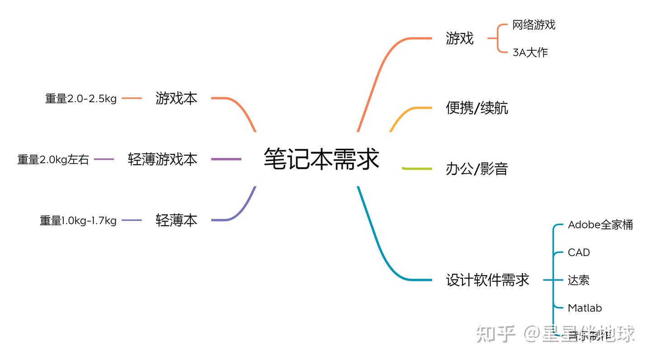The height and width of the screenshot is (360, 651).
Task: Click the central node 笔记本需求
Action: click(321, 159)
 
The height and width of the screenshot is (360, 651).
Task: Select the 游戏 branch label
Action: click(459, 38)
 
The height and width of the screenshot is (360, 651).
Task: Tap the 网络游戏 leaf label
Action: click(533, 25)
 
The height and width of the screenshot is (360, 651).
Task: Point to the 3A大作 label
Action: click(530, 52)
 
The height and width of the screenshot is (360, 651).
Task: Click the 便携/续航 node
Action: click(476, 108)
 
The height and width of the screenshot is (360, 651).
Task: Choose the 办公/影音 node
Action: click(476, 169)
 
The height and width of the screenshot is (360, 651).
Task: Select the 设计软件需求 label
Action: click(487, 280)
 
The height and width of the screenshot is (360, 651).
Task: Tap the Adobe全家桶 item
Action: click(600, 225)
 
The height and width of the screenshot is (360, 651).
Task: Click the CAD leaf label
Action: click(579, 252)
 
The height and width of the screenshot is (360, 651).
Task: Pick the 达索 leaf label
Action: click(578, 280)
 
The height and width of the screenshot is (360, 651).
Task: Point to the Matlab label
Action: click(585, 308)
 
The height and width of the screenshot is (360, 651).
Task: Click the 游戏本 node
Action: click(176, 98)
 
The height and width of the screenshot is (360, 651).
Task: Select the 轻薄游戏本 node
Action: click(162, 159)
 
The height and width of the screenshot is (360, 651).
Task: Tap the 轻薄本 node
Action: click(176, 220)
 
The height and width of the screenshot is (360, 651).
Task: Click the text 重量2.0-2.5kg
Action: click(81, 99)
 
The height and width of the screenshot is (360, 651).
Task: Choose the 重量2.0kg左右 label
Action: click(53, 160)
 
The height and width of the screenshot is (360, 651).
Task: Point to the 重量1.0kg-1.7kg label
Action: click(78, 221)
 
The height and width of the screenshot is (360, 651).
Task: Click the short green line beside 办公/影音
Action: click(417, 169)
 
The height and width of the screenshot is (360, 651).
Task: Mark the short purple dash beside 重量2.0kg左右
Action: click(104, 159)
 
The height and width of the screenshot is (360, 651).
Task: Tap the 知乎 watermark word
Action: click(495, 334)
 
